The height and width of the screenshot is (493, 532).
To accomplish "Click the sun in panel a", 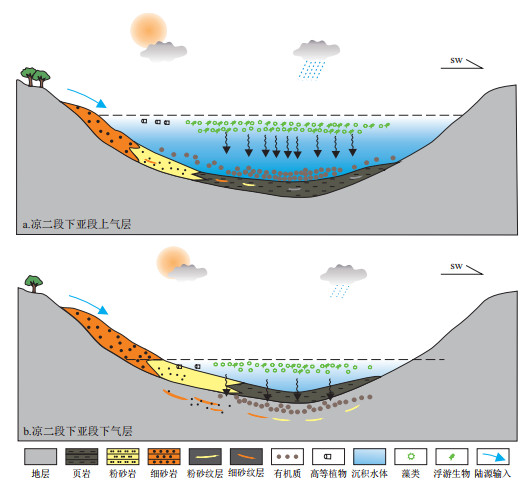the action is [148, 30].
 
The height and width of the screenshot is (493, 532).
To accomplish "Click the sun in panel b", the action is [173, 262].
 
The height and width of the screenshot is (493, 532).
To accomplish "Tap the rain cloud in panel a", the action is [316, 59].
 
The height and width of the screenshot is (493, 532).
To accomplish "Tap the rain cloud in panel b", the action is [343, 280].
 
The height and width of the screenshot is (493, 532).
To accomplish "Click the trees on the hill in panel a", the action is [35, 77].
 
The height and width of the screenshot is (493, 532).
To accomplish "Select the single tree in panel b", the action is [34, 284].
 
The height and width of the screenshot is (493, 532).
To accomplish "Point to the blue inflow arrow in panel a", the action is [87, 98].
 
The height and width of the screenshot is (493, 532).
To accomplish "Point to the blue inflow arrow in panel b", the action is [89, 304].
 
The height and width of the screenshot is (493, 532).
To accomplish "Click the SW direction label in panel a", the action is [456, 60].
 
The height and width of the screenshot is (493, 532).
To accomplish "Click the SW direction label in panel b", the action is [456, 266].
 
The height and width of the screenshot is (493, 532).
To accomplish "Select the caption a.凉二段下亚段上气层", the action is [77, 224].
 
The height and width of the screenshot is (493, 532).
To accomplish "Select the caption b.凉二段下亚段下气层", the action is [78, 431].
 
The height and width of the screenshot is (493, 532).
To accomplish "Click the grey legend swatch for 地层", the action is [40, 456].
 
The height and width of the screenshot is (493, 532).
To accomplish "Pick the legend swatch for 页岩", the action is [81, 456].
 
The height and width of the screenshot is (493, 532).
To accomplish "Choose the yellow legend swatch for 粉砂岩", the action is [123, 456].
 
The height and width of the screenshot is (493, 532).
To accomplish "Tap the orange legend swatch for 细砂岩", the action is [164, 456].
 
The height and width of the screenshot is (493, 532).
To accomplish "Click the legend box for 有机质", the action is [287, 456].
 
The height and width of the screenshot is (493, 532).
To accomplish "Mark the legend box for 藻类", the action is [411, 456].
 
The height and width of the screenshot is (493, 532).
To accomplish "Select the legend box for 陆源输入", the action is [493, 456].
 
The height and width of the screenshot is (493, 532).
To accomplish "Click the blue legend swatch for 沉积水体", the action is [369, 456].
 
